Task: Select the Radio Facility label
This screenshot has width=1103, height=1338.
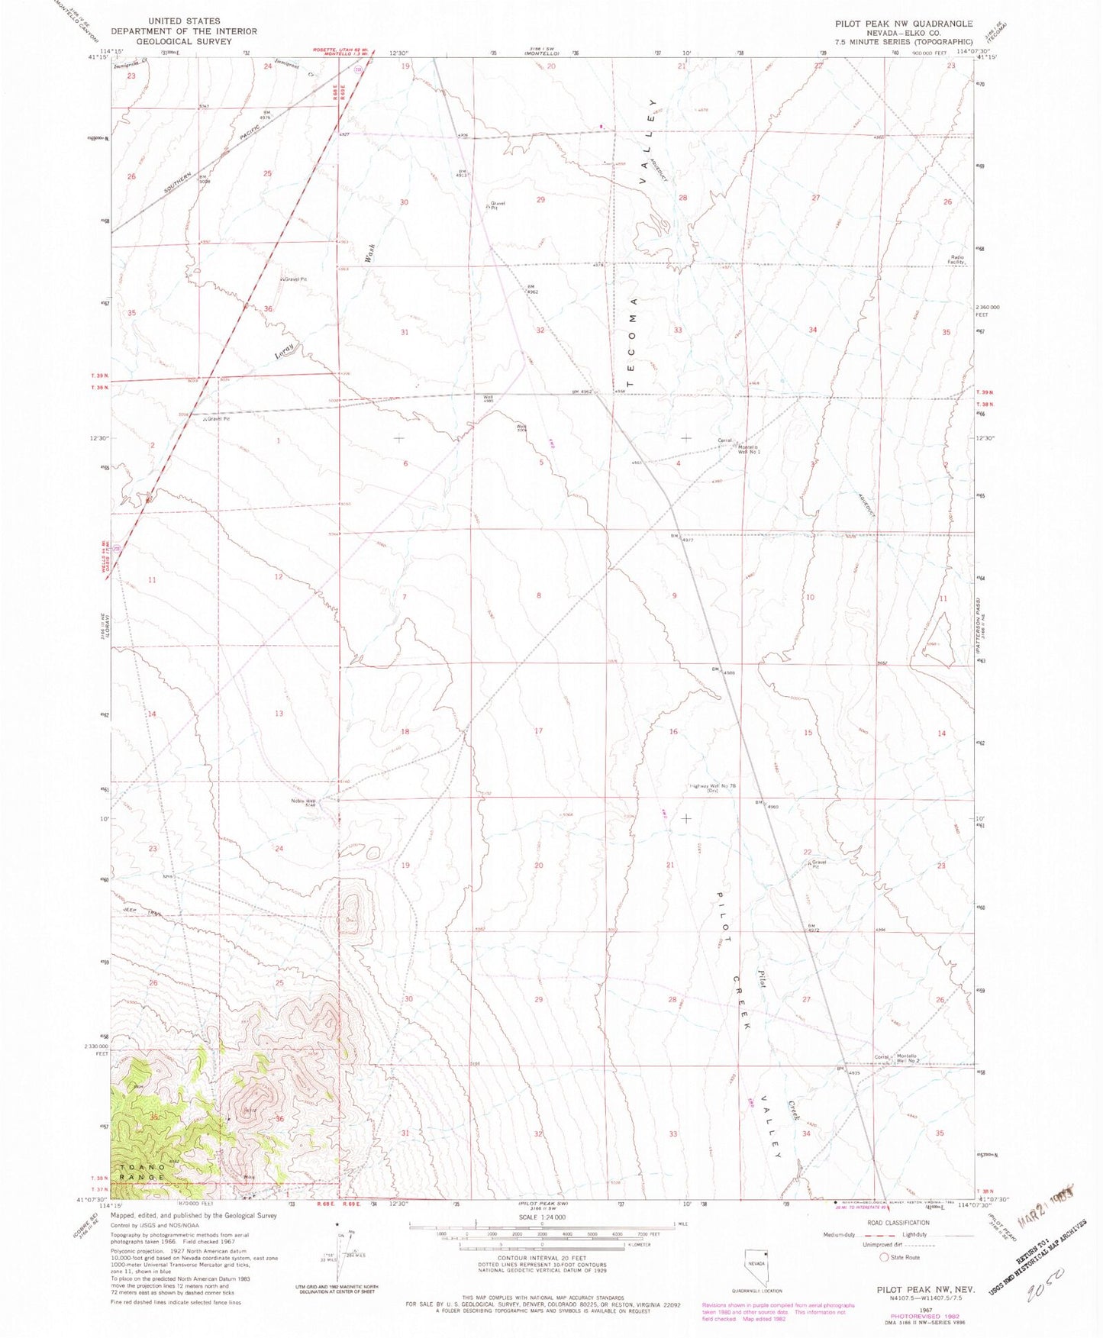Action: (x=957, y=259)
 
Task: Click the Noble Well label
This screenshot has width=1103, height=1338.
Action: (x=304, y=801)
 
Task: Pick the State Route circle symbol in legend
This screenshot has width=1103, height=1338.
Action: (x=885, y=1257)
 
